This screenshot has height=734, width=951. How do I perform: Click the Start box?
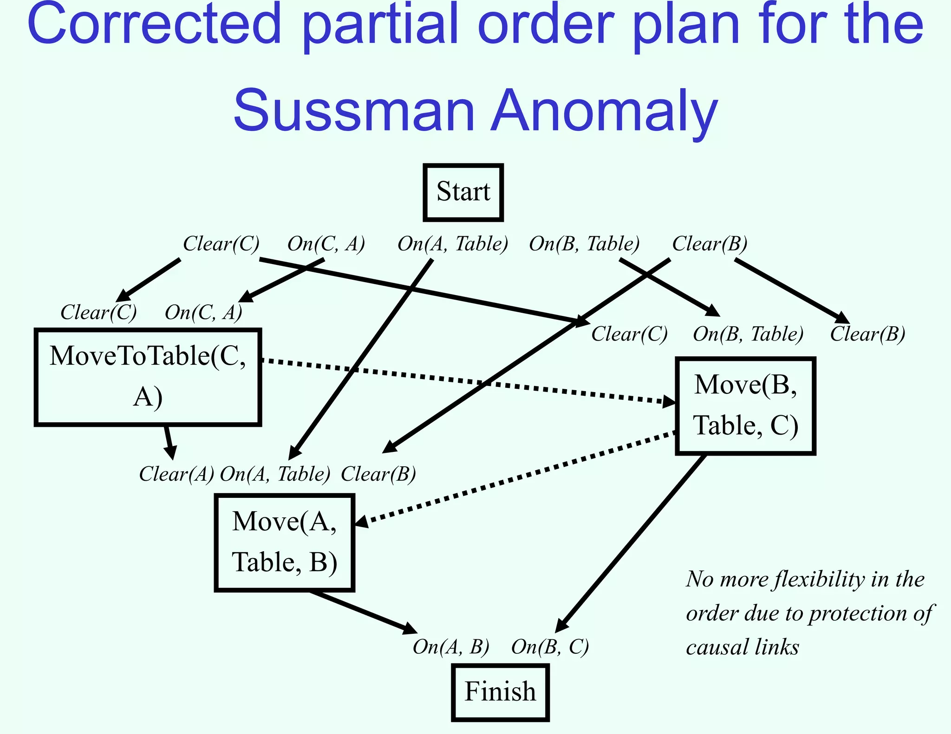tap(463, 192)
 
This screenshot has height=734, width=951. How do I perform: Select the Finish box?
tap(500, 692)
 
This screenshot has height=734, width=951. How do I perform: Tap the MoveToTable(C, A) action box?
tap(148, 377)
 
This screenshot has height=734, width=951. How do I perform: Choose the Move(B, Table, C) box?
tap(745, 406)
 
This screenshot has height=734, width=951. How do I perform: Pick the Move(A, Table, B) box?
tap(284, 542)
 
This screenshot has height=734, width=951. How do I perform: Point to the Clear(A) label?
tap(176, 474)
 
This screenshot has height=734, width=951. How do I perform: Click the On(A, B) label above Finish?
tap(451, 647)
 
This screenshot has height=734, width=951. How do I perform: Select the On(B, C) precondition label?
tap(550, 647)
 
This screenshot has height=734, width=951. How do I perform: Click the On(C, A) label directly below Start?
tap(326, 244)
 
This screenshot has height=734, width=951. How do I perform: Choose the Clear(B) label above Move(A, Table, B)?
tap(378, 474)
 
